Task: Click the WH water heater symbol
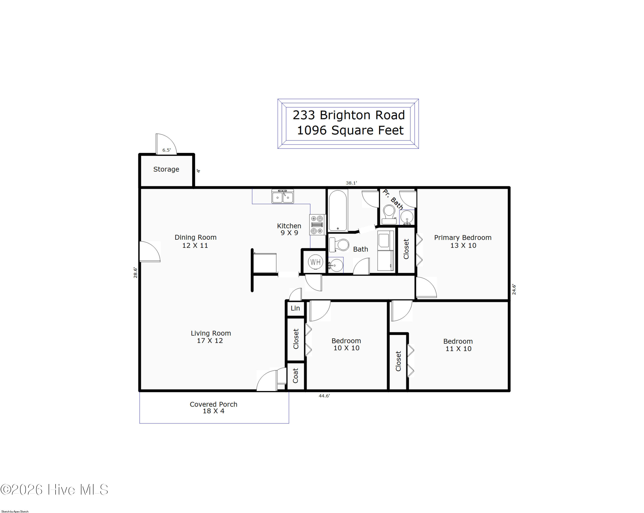(x=315, y=262)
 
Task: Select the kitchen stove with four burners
(x=317, y=225)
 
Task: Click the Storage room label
(x=166, y=169)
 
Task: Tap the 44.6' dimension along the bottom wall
(x=324, y=396)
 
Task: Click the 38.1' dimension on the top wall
(x=351, y=183)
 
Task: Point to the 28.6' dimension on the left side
(x=135, y=273)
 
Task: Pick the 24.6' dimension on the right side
(x=514, y=289)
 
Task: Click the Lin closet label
(x=295, y=308)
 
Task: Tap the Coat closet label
(x=295, y=376)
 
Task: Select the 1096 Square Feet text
(x=350, y=130)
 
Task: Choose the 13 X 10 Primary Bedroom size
(x=463, y=245)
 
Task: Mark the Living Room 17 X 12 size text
(x=210, y=341)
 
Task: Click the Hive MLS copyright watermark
(x=54, y=489)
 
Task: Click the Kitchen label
(x=289, y=226)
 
